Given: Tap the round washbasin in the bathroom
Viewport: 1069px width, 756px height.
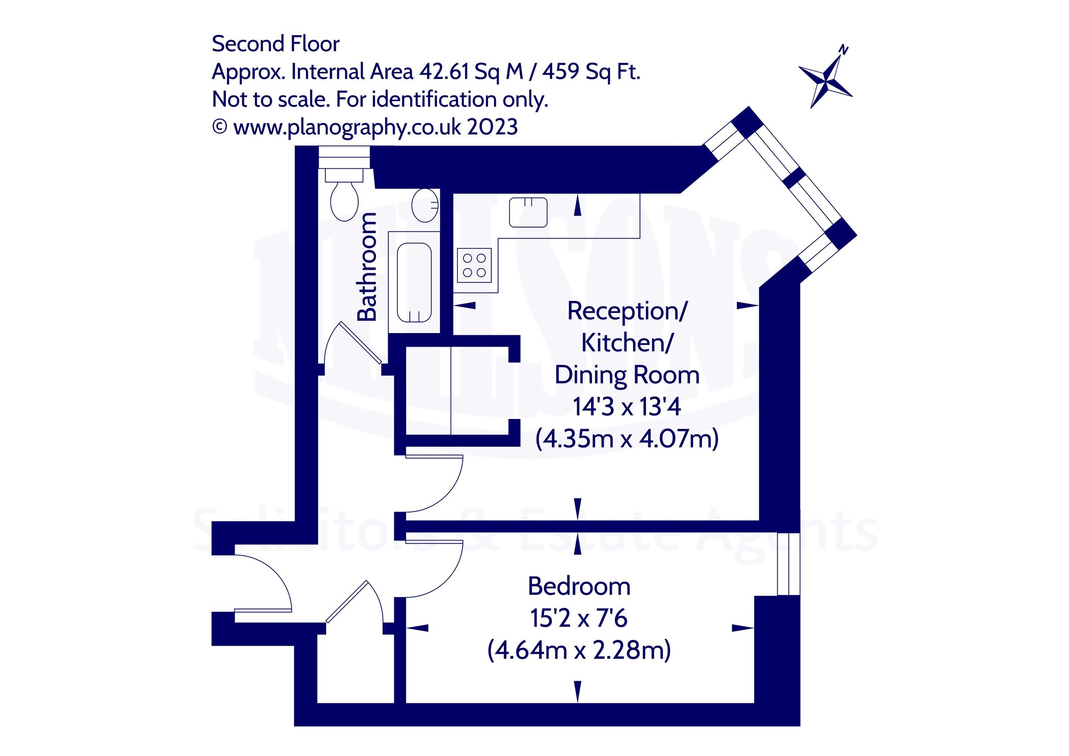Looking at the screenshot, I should [425, 205].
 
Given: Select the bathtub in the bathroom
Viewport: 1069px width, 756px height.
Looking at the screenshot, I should [414, 282].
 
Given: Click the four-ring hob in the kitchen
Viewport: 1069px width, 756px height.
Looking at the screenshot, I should [474, 265].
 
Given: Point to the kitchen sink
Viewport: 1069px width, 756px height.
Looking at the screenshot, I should [528, 212].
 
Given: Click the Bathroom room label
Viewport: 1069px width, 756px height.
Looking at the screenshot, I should [367, 267].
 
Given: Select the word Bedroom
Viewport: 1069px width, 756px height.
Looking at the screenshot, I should [579, 586].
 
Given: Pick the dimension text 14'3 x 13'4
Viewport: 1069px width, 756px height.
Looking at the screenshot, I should [626, 406].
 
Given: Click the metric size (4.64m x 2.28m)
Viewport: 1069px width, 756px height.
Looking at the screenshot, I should [579, 650].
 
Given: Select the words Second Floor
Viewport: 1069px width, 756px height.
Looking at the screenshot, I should [276, 44].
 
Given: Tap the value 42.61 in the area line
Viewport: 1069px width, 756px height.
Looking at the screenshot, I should [444, 72].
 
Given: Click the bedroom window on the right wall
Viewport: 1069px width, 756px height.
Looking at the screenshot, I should [788, 564].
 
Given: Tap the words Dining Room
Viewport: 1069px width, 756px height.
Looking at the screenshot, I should [626, 375].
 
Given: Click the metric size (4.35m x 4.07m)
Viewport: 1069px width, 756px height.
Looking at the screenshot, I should [626, 439].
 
